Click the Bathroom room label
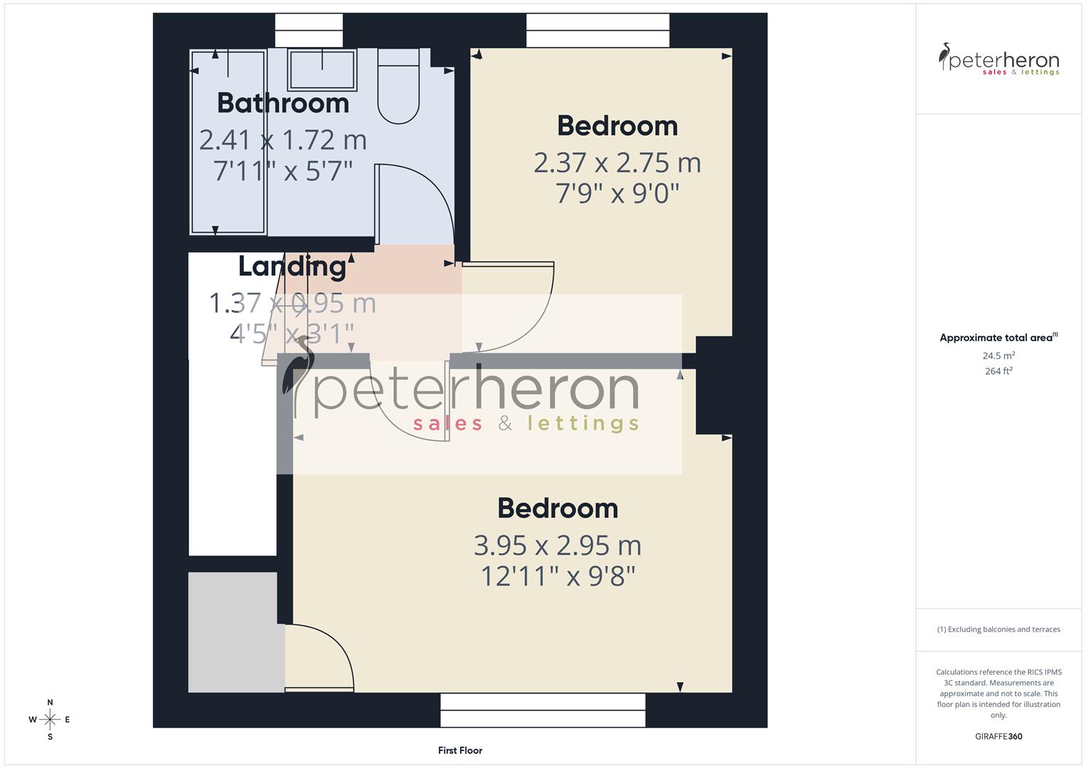click(x=283, y=103)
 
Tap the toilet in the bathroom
click(x=398, y=87)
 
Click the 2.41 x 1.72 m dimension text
click(x=283, y=140)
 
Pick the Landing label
click(x=292, y=266)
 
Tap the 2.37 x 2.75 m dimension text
click(x=617, y=163)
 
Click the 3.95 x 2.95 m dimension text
click(x=558, y=545)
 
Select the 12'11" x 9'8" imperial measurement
click(x=558, y=576)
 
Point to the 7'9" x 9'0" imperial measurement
click(x=617, y=193)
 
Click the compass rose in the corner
click(x=50, y=720)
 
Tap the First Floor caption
click(x=460, y=750)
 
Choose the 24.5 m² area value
click(x=999, y=356)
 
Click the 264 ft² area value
click(x=999, y=371)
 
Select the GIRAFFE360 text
click(x=999, y=736)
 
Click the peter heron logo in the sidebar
click(x=999, y=60)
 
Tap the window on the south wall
click(x=543, y=710)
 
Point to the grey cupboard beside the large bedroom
click(x=233, y=631)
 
